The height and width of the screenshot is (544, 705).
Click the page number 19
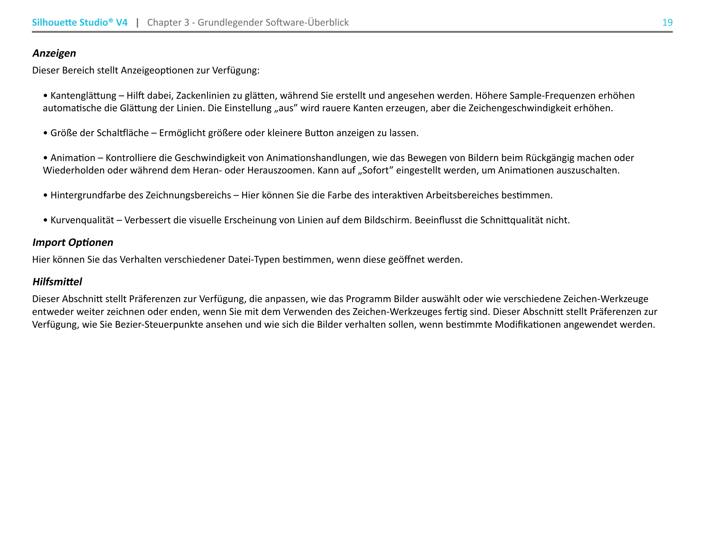[667, 22]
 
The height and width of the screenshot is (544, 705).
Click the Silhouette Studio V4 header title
[79, 22]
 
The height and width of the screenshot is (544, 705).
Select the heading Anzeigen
[54, 53]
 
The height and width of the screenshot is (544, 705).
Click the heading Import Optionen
[73, 242]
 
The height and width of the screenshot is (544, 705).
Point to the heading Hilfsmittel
[57, 282]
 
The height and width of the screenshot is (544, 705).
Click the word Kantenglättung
[83, 96]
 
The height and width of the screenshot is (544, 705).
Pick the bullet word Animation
[73, 158]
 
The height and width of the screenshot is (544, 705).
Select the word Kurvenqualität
[82, 220]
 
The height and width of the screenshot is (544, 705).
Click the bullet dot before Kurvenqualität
[46, 221]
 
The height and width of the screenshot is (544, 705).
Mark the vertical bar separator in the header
[137, 22]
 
